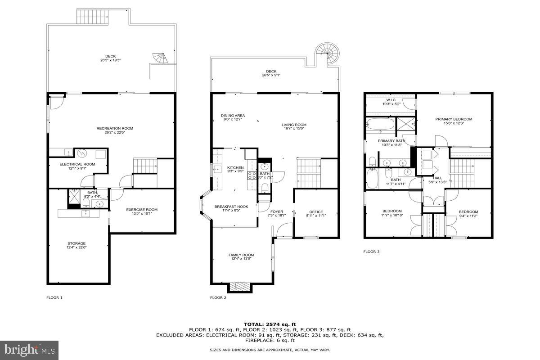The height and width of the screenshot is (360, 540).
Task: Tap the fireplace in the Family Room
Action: [x=239, y=287]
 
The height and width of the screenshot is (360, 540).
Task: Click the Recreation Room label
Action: [x=115, y=128]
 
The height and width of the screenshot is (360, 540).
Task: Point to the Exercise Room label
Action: [x=142, y=209]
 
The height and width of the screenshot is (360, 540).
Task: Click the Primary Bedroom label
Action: [x=454, y=119]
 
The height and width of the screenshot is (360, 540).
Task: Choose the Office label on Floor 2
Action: [x=316, y=212]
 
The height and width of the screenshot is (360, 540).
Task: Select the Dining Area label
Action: [x=233, y=116]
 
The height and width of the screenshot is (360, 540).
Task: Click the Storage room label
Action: [x=76, y=243]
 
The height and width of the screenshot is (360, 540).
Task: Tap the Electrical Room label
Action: [x=77, y=164]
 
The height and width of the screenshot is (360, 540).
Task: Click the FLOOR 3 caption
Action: [x=371, y=252]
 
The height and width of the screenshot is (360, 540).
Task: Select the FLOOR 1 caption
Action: [x=54, y=297]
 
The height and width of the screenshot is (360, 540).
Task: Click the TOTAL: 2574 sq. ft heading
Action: [x=270, y=324]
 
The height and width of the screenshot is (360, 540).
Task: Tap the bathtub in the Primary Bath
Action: [x=380, y=124]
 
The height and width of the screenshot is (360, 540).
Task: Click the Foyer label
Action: [x=277, y=211]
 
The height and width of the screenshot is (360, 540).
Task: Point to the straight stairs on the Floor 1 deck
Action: [x=93, y=17]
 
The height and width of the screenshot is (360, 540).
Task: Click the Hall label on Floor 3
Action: [x=437, y=178]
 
